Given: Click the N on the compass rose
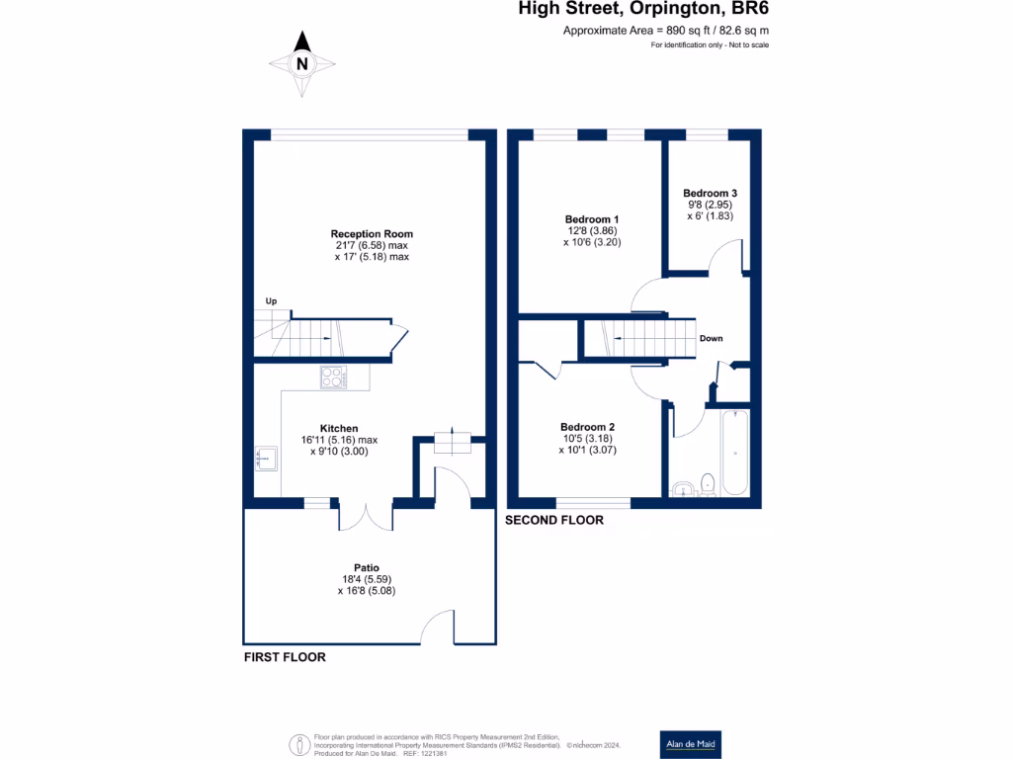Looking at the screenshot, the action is point(302,64).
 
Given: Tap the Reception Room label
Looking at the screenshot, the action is point(372,233).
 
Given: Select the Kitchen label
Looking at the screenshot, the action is point(339,429).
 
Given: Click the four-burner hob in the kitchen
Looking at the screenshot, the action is point(334,377).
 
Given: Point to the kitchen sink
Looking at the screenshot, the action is point(267,459).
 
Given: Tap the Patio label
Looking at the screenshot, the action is point(367,568).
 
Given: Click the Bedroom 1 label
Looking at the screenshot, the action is point(592,219).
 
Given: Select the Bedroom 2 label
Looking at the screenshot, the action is point(587,427).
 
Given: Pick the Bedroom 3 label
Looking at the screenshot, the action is point(710,193).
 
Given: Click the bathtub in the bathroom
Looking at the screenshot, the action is point(735,453).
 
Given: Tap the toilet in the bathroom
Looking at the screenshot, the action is point(708,484).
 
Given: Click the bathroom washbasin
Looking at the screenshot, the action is point(683,489).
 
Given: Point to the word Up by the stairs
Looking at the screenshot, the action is point(271,301).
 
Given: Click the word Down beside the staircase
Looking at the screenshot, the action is point(712,338).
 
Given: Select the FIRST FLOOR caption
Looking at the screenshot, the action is point(285,657).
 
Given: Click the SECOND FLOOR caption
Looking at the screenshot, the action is point(554,520).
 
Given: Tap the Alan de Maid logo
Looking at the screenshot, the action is point(691,744).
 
